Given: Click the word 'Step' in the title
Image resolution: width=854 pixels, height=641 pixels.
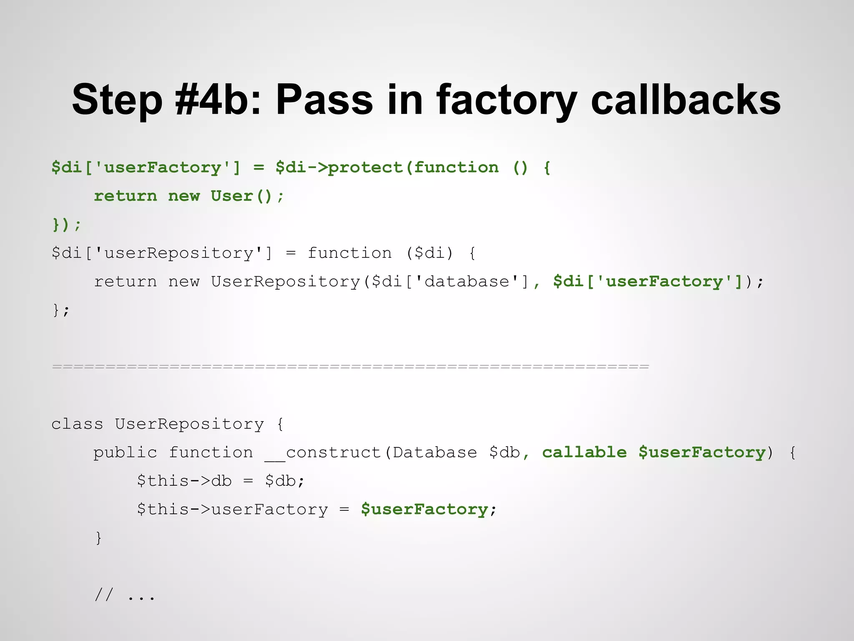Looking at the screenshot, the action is pyautogui.click(x=117, y=100).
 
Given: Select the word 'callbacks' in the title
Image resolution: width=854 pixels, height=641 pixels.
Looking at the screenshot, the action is pyautogui.click(x=686, y=100).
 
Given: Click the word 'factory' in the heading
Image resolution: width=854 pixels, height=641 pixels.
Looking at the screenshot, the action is pyautogui.click(x=507, y=100).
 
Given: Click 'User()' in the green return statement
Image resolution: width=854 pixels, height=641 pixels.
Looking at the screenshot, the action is pyautogui.click(x=242, y=196).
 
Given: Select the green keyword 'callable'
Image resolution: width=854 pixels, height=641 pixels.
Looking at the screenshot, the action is pyautogui.click(x=584, y=452).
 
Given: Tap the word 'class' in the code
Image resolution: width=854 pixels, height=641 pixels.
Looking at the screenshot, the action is pyautogui.click(x=77, y=424).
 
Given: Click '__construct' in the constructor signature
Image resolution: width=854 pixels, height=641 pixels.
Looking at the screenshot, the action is pyautogui.click(x=323, y=452).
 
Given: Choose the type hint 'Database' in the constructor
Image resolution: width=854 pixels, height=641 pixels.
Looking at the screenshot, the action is pyautogui.click(x=435, y=452).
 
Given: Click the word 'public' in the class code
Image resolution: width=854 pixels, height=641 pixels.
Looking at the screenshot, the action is pyautogui.click(x=125, y=452).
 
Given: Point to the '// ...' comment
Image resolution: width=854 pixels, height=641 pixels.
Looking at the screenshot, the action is pyautogui.click(x=125, y=595).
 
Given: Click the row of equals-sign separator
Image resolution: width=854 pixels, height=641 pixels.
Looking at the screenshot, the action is pyautogui.click(x=350, y=367).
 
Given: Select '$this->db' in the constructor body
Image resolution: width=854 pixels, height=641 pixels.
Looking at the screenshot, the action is pyautogui.click(x=184, y=481).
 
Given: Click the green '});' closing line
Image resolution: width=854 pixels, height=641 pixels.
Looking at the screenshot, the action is pyautogui.click(x=67, y=225).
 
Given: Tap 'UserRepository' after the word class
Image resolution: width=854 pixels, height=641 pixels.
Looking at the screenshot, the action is pyautogui.click(x=189, y=424).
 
